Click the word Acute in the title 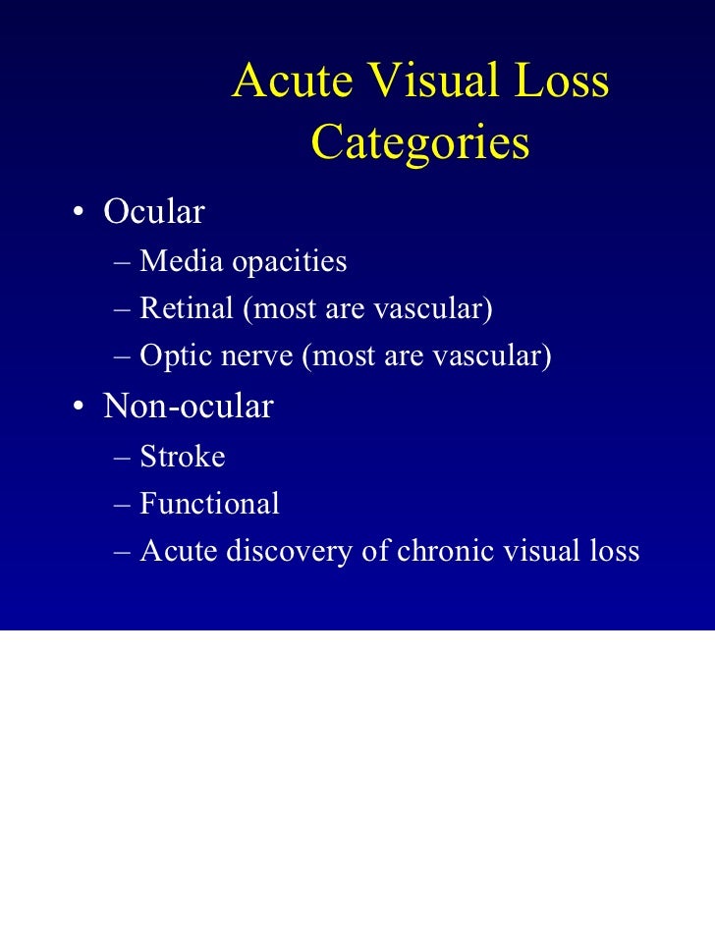[291, 82]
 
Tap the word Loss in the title [558, 82]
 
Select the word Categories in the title [420, 143]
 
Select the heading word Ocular [154, 212]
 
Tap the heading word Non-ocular [189, 406]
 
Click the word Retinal [186, 308]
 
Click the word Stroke [183, 456]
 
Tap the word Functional [209, 504]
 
